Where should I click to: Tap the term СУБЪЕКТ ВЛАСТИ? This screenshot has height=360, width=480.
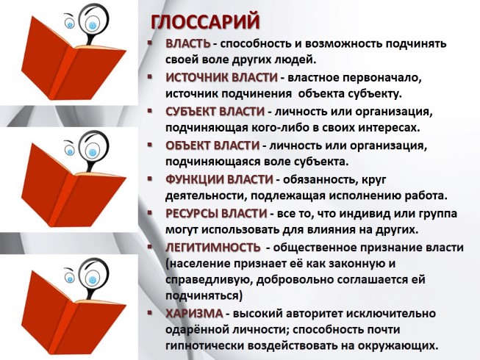(x=215, y=112)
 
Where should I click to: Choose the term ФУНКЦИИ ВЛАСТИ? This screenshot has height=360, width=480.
(x=219, y=179)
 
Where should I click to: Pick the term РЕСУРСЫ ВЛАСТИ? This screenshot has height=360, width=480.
(x=216, y=213)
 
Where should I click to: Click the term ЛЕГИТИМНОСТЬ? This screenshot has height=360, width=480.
(x=213, y=247)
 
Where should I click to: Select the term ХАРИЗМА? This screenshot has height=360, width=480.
(x=193, y=314)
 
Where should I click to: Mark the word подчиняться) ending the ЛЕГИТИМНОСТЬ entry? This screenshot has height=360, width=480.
(x=204, y=295)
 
